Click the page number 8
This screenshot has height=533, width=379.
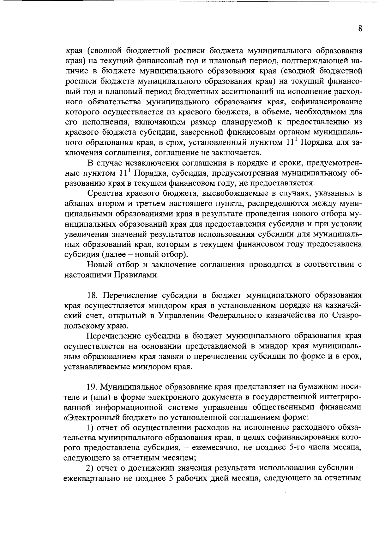pos(360,29)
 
